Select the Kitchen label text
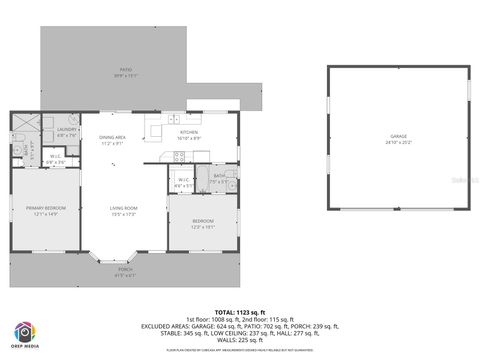(x=189, y=132)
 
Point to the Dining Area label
(x=111, y=138)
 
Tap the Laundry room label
(x=67, y=129)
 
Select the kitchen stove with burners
(x=178, y=156)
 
